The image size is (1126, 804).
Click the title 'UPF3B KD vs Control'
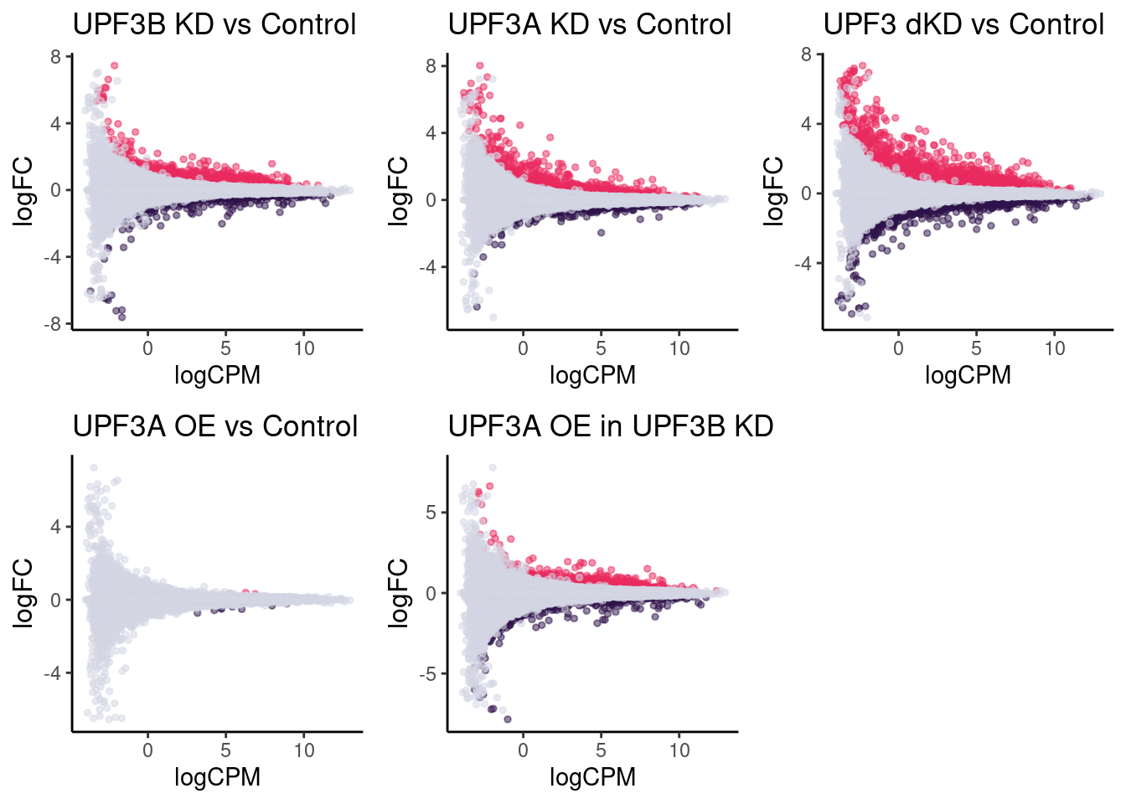214,24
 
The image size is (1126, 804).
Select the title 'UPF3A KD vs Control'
590,24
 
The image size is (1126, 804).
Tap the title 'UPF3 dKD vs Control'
964,24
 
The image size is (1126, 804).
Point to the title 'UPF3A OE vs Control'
215,426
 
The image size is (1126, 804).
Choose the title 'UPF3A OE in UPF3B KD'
611,426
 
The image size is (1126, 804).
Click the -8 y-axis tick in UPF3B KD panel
55,324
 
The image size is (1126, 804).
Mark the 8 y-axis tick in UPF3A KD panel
431,65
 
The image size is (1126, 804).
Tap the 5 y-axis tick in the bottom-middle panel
431,513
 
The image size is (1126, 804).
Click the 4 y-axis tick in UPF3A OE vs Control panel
55,528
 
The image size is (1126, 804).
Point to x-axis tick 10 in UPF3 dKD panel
1055,348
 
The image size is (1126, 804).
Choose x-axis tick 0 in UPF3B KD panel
147,348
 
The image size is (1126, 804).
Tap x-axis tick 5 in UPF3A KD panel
601,348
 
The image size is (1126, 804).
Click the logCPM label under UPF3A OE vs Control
217,777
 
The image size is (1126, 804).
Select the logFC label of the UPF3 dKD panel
775,191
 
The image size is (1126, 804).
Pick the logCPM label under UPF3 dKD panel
968,375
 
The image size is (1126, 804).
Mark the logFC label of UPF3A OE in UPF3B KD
400,593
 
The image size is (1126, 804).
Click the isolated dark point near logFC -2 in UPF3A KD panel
601,233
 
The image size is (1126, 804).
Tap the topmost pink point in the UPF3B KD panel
115,65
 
